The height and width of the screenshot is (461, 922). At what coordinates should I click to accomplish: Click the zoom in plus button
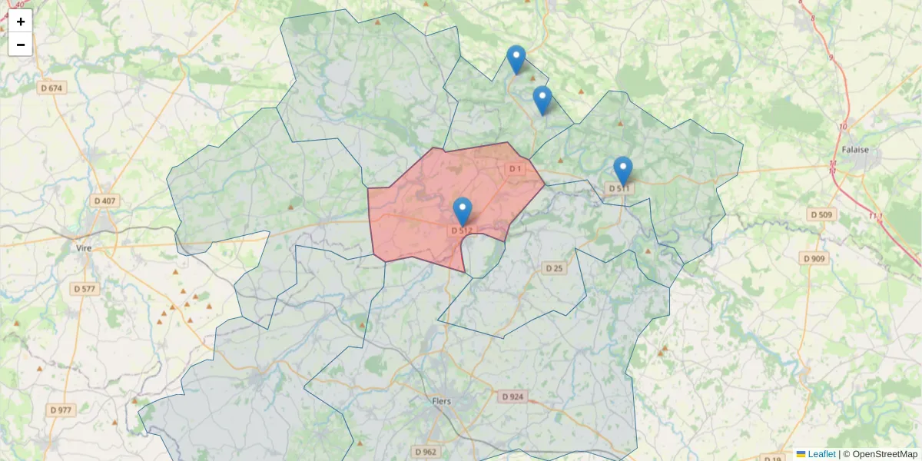coord(20,22)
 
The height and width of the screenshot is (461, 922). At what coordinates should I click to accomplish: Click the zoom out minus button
coord(20,45)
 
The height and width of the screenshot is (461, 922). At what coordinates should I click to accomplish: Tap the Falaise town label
coord(854,150)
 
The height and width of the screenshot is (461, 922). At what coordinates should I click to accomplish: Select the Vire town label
coord(84,248)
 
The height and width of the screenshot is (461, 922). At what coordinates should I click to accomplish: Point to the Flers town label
coord(442,401)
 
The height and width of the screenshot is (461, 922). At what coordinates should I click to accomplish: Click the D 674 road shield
coord(51,88)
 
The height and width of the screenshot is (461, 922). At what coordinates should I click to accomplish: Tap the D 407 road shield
coord(104,201)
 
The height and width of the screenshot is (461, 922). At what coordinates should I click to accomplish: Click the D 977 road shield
coord(61,410)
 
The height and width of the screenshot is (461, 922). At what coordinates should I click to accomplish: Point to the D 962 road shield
coord(424,452)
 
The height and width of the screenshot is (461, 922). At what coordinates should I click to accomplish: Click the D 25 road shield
coord(553,268)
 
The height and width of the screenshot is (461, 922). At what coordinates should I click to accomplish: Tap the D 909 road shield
coord(814,259)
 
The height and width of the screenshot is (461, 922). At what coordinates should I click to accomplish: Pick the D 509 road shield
coord(821,214)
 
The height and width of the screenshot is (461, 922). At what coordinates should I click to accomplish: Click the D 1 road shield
coord(515,168)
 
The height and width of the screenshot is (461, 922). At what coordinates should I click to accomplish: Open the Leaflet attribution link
coord(821,454)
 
